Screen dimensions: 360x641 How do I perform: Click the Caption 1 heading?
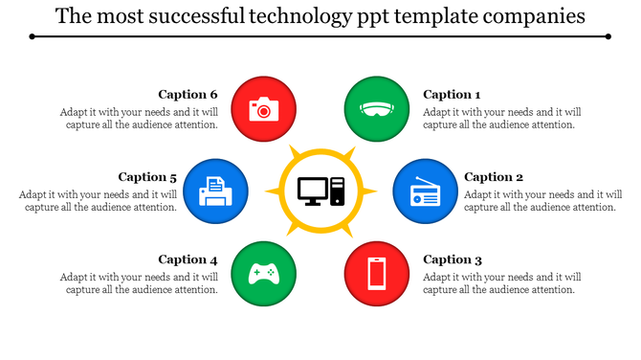pos(452,94)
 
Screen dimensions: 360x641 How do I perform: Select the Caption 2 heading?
pos(494,176)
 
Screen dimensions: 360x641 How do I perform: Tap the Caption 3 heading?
pos(452,259)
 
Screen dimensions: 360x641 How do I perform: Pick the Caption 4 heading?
pos(188,259)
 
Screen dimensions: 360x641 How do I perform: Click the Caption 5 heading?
pos(148,176)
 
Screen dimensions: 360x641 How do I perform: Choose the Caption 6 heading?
pos(188,94)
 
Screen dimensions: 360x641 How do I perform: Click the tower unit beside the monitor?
pos(337,191)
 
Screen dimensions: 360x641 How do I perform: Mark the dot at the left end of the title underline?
pos(32,36)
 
